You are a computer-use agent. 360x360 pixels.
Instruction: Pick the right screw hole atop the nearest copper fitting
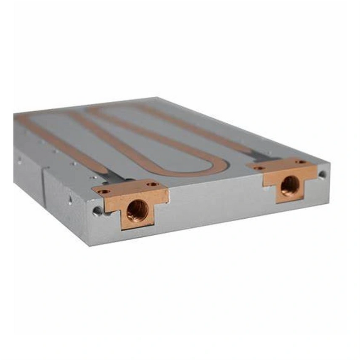[153, 184]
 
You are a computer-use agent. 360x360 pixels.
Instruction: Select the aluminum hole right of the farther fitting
[322, 174]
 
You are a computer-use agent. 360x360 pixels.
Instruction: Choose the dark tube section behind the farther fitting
[261, 155]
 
